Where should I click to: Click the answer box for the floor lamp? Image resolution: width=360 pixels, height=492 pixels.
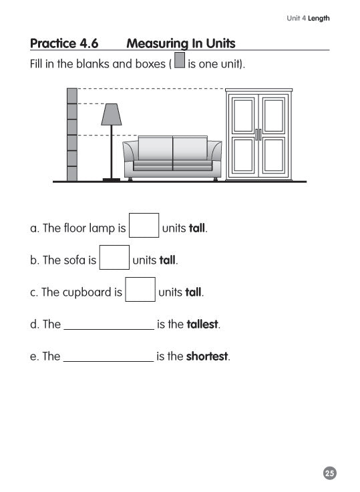(x=144, y=226)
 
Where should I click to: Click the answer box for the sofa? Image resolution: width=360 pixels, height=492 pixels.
(x=114, y=258)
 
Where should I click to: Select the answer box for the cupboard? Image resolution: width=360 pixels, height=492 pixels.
(x=140, y=290)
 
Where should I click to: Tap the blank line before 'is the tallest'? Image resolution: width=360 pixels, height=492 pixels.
(x=108, y=325)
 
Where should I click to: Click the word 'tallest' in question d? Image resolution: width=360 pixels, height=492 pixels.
(x=202, y=325)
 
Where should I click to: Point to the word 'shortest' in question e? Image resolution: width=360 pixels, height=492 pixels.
(x=207, y=356)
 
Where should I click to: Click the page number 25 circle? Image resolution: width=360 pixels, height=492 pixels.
(x=329, y=473)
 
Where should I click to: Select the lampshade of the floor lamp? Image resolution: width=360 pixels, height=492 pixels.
(x=111, y=114)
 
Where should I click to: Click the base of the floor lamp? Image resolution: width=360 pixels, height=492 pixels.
(x=111, y=179)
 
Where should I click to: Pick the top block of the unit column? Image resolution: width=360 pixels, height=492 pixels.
(x=72, y=95)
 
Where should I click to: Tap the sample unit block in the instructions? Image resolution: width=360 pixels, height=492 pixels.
(x=179, y=65)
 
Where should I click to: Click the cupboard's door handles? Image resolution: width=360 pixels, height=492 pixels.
(x=258, y=134)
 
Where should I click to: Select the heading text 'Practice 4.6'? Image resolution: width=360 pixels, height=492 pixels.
(x=64, y=44)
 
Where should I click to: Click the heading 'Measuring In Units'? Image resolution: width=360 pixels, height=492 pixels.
(x=180, y=44)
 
